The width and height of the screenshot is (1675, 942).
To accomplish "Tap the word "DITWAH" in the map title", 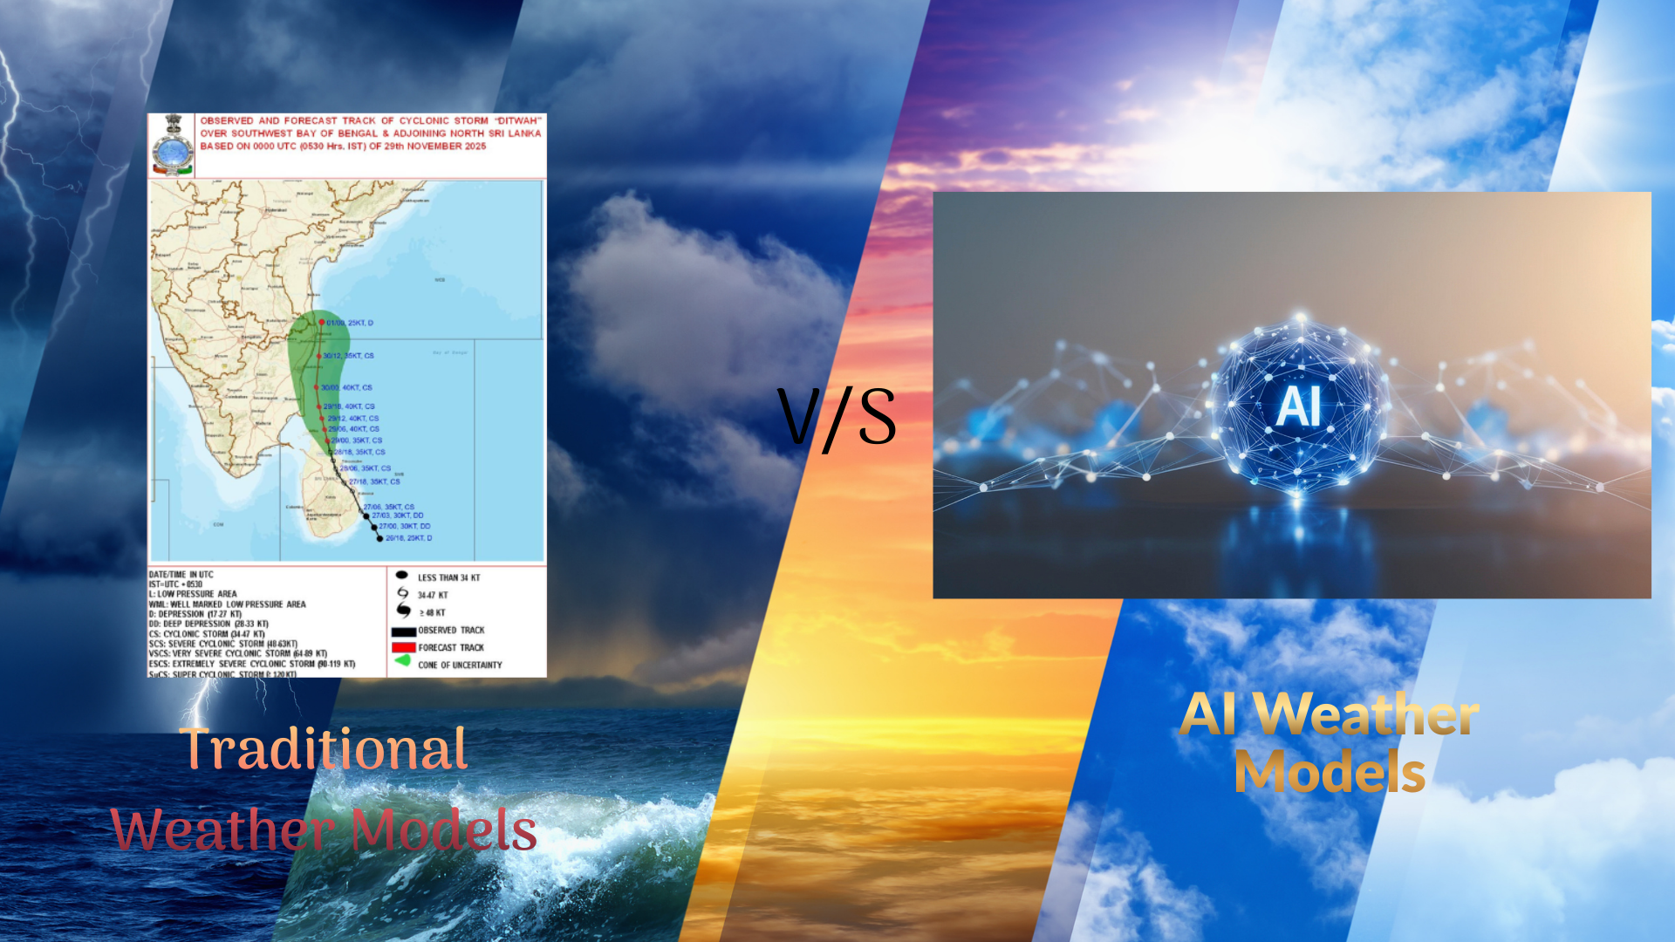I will [518, 120].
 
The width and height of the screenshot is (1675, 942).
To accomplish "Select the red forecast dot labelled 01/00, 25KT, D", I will [322, 323].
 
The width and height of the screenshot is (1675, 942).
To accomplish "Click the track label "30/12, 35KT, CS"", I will [348, 356].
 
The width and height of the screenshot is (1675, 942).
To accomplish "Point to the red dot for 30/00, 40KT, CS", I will [317, 387].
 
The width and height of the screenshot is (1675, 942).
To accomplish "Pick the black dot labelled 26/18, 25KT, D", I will [379, 538].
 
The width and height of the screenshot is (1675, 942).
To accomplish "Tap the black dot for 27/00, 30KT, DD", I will [374, 527].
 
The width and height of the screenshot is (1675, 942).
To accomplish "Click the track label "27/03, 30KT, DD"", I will [398, 515].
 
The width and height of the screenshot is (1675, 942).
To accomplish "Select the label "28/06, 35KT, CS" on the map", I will [366, 468].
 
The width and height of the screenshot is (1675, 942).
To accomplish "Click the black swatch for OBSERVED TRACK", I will [403, 631].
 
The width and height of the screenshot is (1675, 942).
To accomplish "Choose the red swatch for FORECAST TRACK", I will [403, 648].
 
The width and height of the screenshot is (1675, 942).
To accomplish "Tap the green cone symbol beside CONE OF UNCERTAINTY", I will [403, 661].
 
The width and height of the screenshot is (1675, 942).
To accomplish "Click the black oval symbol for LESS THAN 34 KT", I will [402, 576].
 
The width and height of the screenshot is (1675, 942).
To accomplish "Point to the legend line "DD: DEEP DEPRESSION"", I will [209, 624].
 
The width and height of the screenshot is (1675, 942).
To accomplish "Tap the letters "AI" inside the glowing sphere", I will [1298, 406].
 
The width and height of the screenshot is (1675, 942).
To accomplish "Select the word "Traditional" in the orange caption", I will [324, 749].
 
